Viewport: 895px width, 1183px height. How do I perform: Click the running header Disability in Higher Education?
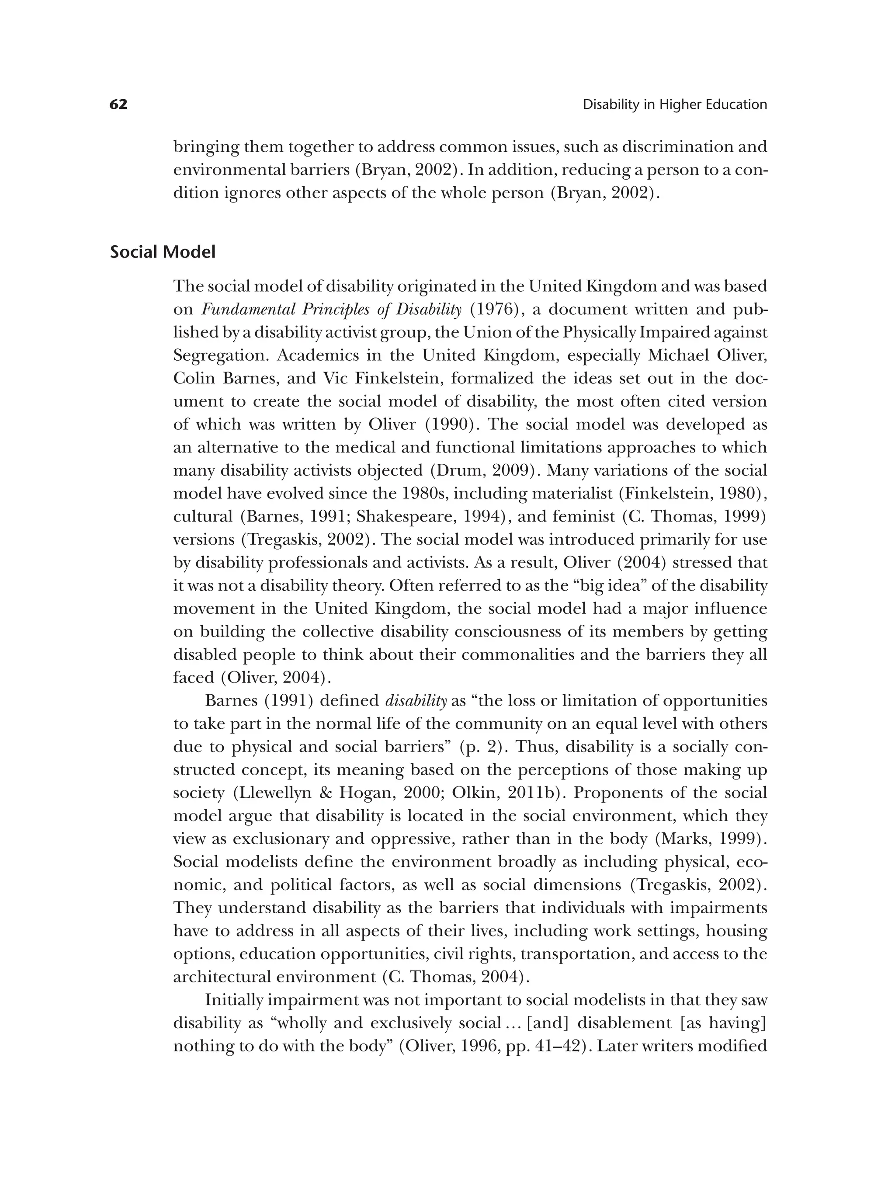tap(674, 105)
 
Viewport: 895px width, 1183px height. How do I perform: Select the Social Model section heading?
tap(163, 251)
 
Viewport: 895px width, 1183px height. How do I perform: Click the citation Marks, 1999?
tap(711, 839)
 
